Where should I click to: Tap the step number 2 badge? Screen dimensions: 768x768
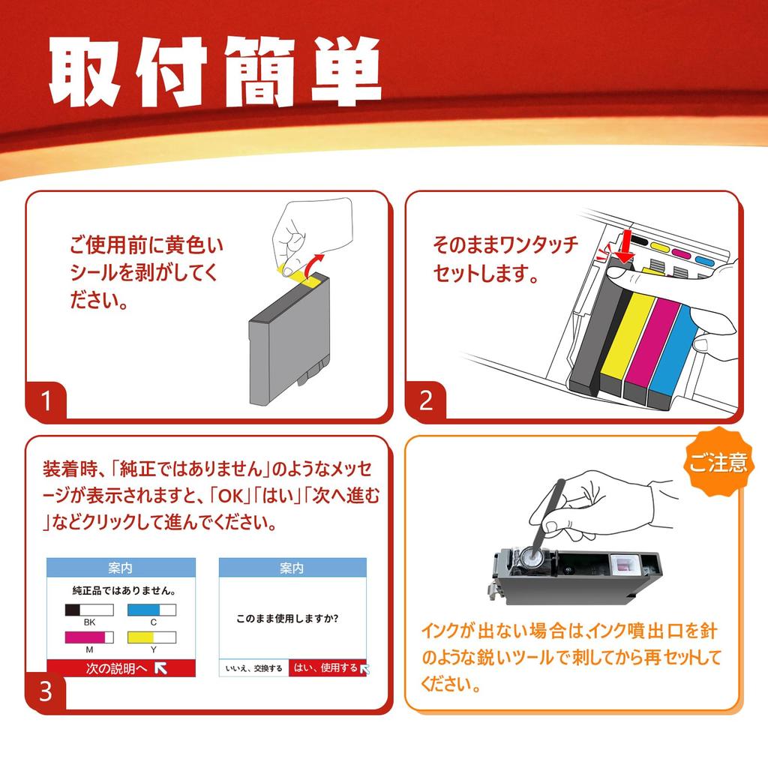point(426,401)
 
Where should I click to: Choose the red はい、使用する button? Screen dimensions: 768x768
point(327,667)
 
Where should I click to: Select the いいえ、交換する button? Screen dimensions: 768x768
point(253,668)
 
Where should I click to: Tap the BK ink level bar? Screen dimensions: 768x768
point(89,610)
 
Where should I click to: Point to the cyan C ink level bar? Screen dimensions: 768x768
point(152,610)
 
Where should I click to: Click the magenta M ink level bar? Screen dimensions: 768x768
point(89,637)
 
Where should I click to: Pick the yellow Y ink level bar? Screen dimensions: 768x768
point(152,637)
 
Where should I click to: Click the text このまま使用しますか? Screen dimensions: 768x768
point(286,619)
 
